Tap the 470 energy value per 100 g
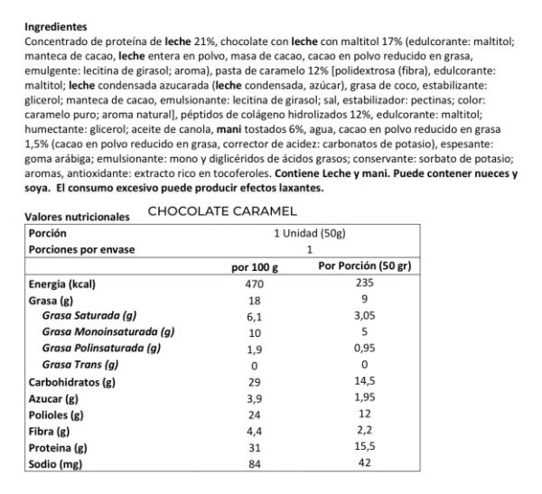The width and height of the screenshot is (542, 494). click(255, 284)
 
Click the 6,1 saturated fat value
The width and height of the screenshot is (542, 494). click(254, 316)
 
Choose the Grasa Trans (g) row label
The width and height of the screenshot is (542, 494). click(80, 365)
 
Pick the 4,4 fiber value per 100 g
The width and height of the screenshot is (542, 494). click(254, 432)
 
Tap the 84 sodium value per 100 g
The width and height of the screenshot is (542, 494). click(254, 464)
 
